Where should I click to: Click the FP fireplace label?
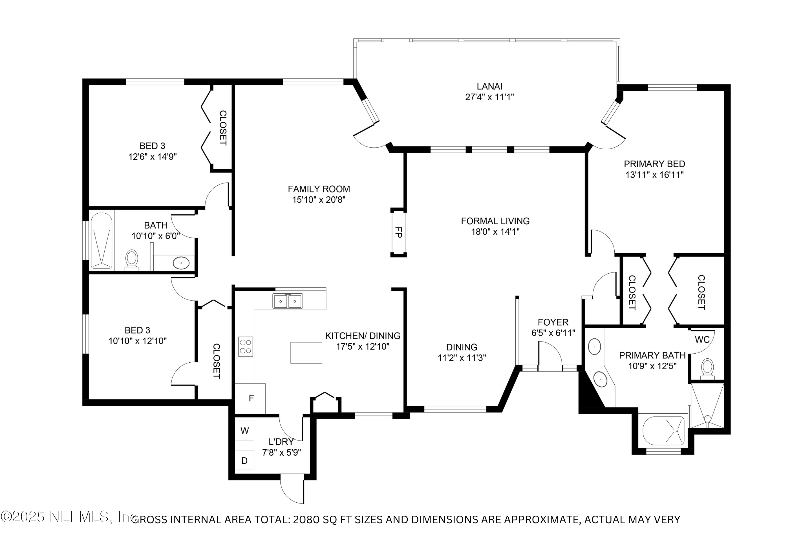(x=398, y=232)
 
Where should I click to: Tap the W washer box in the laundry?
(x=244, y=431)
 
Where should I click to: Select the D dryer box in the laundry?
(x=244, y=461)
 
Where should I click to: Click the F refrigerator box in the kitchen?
(x=251, y=398)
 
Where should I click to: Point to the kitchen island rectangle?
(x=306, y=352)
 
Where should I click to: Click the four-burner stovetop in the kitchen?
(x=246, y=346)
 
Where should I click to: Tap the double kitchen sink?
(x=288, y=301)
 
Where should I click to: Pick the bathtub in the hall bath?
(x=101, y=240)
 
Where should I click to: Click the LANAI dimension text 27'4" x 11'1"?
(x=489, y=97)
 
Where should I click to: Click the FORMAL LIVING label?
(x=495, y=221)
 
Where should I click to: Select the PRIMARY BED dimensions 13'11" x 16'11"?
(x=654, y=175)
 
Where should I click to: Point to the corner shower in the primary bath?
(x=707, y=405)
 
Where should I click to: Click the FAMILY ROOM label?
(x=319, y=189)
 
